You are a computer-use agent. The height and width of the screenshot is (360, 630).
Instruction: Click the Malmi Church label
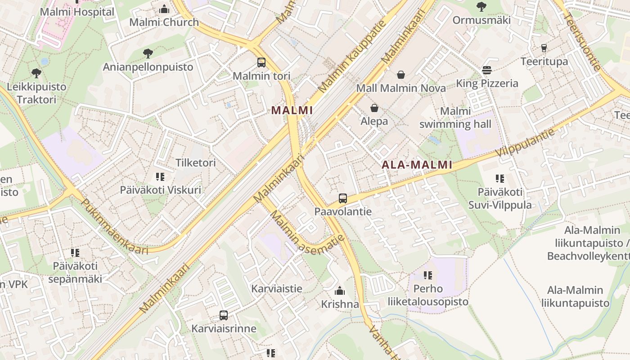point(164,22)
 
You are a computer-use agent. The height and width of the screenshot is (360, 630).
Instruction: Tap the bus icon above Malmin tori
point(261,63)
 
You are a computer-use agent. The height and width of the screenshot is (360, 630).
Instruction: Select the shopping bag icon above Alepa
point(374,108)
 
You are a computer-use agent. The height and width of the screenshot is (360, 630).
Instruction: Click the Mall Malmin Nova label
point(401,88)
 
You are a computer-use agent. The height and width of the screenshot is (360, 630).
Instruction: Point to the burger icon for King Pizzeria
point(487,70)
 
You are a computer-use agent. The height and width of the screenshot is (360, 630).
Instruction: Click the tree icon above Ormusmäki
point(481,7)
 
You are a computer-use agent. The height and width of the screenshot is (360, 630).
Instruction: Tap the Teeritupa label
point(544,61)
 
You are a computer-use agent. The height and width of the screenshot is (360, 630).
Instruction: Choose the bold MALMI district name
point(292,110)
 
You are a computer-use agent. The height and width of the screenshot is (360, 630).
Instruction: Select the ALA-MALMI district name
point(417,165)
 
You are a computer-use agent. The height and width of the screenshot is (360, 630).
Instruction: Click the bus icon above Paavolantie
point(343,198)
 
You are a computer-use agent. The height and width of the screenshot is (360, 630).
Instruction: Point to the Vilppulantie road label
point(526,142)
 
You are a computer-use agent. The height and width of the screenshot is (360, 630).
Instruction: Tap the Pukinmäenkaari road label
point(114,227)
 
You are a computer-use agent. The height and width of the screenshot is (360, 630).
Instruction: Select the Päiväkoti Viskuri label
point(160,189)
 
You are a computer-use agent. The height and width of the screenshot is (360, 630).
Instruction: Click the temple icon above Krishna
point(340,291)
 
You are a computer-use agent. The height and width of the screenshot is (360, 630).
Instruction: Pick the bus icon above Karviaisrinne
point(224,315)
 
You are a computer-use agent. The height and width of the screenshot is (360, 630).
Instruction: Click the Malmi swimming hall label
point(455,117)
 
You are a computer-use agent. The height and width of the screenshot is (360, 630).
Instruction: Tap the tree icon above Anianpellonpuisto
point(148,54)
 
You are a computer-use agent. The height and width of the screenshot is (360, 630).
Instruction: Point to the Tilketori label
point(196,162)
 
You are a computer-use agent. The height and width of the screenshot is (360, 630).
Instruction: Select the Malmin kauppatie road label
point(352,57)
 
